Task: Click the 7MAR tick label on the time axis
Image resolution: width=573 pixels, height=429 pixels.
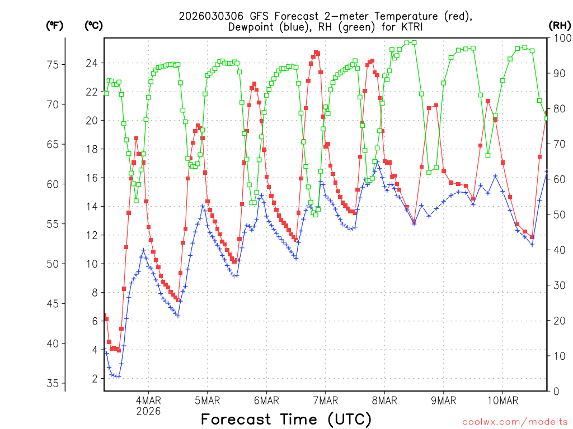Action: (x=325, y=400)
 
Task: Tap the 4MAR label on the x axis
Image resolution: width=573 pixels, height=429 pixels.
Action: (x=148, y=400)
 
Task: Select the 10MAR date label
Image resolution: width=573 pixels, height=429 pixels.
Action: (x=502, y=400)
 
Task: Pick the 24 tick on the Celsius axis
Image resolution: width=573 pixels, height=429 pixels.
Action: (x=91, y=63)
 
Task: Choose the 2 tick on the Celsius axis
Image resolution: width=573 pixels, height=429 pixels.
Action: (x=94, y=379)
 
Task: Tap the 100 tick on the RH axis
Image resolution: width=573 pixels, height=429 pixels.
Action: (x=560, y=38)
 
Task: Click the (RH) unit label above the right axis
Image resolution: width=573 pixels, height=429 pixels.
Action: (x=559, y=25)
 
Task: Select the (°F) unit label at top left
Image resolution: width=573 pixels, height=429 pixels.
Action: (x=54, y=25)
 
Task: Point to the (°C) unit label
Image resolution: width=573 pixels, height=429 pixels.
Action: (x=93, y=25)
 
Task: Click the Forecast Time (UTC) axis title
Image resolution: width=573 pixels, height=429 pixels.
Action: (x=286, y=419)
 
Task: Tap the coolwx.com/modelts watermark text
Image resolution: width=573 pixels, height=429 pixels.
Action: (x=514, y=422)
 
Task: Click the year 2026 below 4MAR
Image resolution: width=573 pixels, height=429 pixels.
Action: (x=148, y=411)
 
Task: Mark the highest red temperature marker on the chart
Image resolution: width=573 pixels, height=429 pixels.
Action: (x=316, y=53)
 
